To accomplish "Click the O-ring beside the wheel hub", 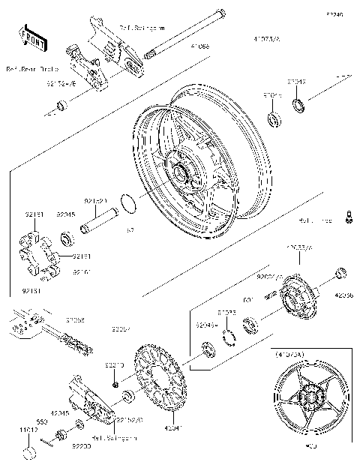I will tap(128, 202).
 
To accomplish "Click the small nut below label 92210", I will tap(115, 384).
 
